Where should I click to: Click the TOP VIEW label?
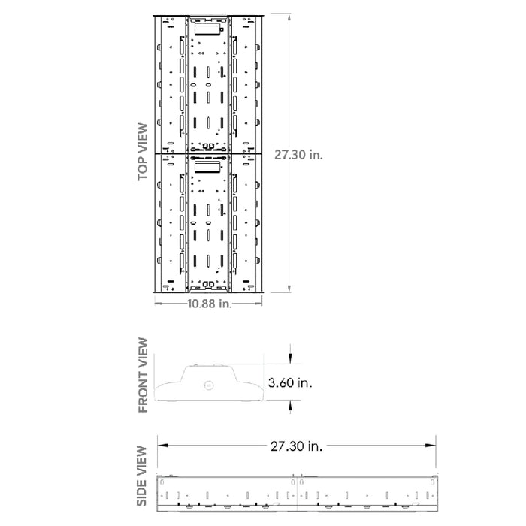point(142,152)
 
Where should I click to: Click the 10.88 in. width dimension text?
point(208,304)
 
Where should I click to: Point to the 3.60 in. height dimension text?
point(290,382)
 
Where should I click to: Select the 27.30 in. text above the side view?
point(296,446)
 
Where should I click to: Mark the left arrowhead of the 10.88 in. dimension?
point(158,304)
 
